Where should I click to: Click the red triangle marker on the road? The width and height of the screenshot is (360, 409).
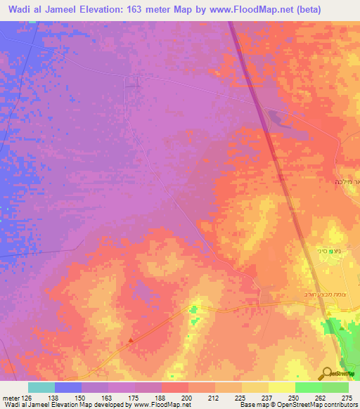[131, 342]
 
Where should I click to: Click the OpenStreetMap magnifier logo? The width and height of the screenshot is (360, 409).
[327, 372]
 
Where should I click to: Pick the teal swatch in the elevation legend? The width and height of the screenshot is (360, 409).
[41, 388]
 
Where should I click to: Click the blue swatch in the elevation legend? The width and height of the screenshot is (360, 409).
[68, 388]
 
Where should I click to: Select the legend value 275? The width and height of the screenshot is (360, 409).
[347, 397]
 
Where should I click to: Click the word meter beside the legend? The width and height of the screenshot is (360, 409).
[8, 397]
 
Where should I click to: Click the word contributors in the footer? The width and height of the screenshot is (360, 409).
[338, 405]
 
